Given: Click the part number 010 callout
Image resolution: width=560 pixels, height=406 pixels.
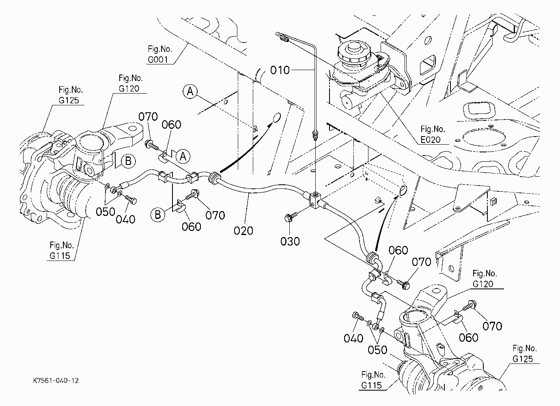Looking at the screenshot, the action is (280, 70).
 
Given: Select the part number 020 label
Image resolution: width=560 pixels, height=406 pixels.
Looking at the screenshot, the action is (243, 231).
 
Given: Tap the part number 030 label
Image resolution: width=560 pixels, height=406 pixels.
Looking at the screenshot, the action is (290, 241).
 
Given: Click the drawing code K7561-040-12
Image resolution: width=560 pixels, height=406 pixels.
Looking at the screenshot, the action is (56, 380).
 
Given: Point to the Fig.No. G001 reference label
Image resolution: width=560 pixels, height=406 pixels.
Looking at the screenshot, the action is (160, 54).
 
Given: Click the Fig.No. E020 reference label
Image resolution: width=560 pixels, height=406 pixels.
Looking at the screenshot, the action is (433, 134).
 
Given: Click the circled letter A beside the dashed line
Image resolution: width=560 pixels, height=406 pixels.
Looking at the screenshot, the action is (190, 92).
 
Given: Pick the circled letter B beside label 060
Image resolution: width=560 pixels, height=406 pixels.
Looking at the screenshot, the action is (158, 215).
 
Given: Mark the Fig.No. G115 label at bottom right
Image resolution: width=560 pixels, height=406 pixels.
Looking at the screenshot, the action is (373, 380).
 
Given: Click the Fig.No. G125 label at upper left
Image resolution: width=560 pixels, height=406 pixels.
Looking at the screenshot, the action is (71, 95).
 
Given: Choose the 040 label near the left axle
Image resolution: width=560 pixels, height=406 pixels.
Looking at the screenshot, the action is (125, 220).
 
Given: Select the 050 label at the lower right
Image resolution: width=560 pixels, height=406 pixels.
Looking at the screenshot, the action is (377, 350).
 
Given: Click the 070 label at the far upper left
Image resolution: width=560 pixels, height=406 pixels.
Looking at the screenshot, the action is (148, 117).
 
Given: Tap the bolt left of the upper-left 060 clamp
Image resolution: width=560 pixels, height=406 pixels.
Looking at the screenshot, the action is (151, 145).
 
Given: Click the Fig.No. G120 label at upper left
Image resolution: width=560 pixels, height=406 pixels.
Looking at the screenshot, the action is (131, 83).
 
